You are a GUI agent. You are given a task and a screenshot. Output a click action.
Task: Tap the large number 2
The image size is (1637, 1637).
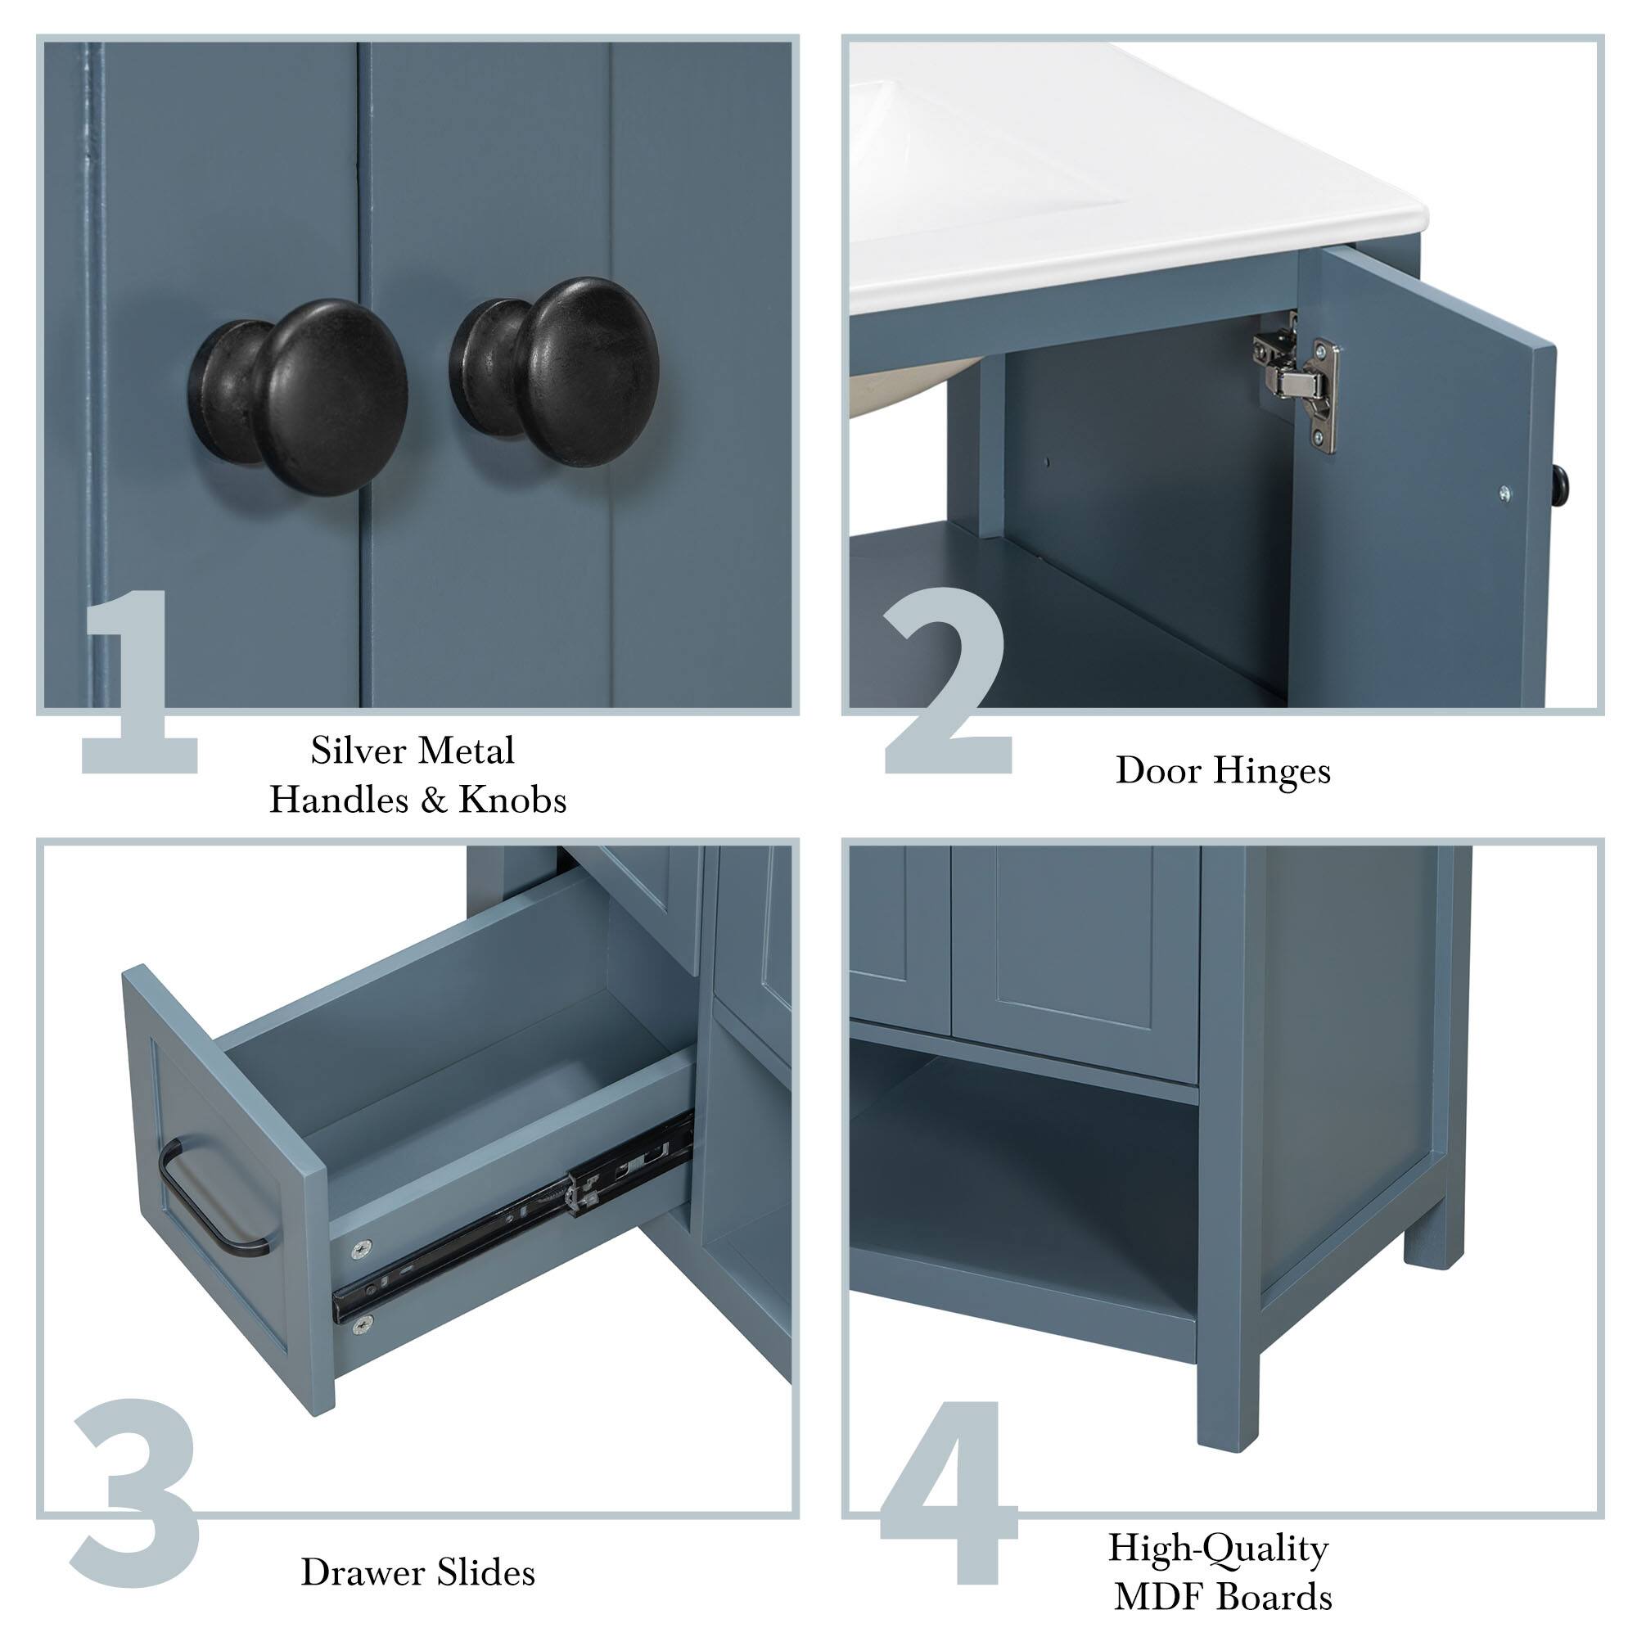[946, 682]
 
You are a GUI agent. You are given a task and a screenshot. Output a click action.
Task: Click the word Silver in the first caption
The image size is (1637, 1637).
[357, 750]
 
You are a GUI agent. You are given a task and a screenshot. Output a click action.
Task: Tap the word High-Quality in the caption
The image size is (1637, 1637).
[1218, 1549]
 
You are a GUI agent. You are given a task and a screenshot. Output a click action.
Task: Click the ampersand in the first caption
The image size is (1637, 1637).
[433, 800]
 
